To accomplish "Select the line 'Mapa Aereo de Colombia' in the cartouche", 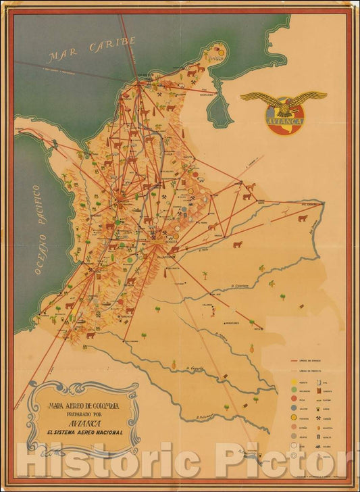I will tap(83, 405).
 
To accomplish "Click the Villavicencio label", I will tap(165, 257).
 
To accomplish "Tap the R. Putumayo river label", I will tap(205, 416).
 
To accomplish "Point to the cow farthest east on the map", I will tap(302, 218).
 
